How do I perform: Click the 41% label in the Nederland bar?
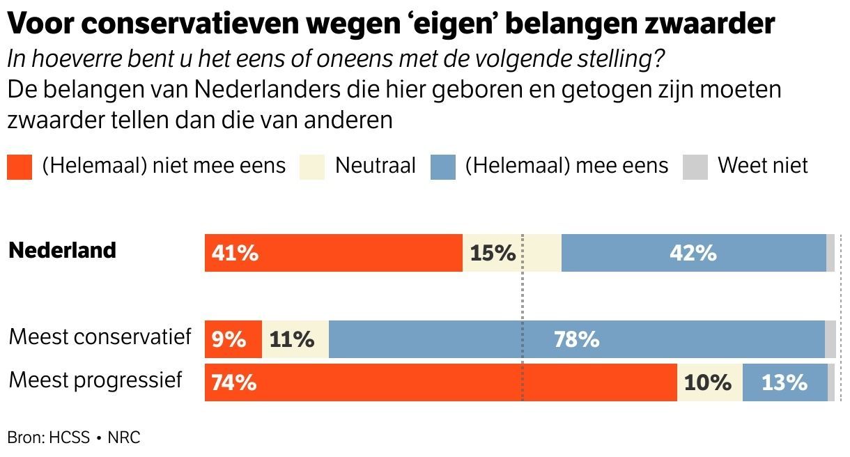pos(235,253)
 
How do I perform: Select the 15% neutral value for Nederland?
pos(493,253)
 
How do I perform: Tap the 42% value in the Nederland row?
pos(693,253)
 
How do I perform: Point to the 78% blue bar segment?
pos(576,339)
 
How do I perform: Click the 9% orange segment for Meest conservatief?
pos(229,339)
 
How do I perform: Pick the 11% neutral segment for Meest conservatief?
pos(291,339)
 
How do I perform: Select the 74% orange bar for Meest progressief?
pos(234,382)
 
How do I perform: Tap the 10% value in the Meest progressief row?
pos(708,382)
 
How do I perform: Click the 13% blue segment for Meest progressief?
pos(785,382)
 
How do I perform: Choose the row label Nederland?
pos(62,250)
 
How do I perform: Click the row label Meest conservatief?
pos(100,337)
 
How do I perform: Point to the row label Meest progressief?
pos(95,380)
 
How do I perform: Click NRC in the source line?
pos(124,437)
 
